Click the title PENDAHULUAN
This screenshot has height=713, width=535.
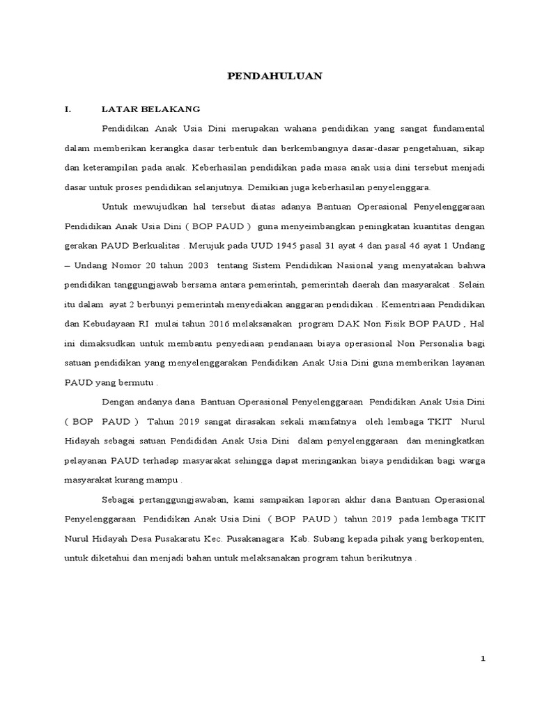(x=275, y=77)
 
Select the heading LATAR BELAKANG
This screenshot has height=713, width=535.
(x=150, y=109)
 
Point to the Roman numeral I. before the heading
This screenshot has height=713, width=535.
(x=68, y=109)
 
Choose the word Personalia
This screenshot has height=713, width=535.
(x=444, y=344)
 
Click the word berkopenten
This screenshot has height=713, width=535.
(x=451, y=539)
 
